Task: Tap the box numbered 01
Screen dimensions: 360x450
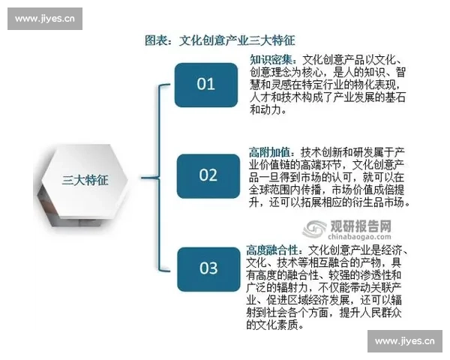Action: pyautogui.click(x=206, y=84)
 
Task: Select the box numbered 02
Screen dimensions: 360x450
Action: pyautogui.click(x=208, y=175)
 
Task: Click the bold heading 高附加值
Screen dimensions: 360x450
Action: pyautogui.click(x=270, y=150)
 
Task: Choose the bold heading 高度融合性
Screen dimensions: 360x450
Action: pyautogui.click(x=274, y=248)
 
